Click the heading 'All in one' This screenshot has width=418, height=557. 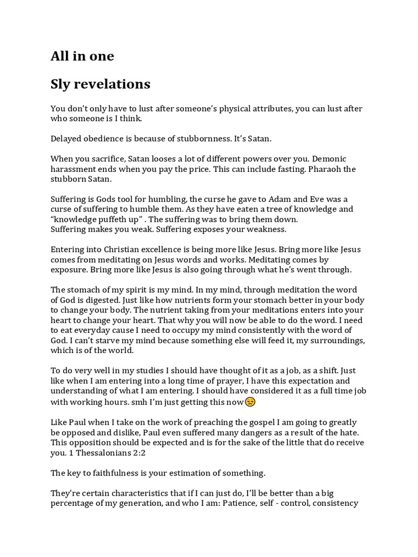[x=82, y=56]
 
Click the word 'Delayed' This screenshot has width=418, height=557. [x=66, y=139]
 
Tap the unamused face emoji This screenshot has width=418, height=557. [x=250, y=402]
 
